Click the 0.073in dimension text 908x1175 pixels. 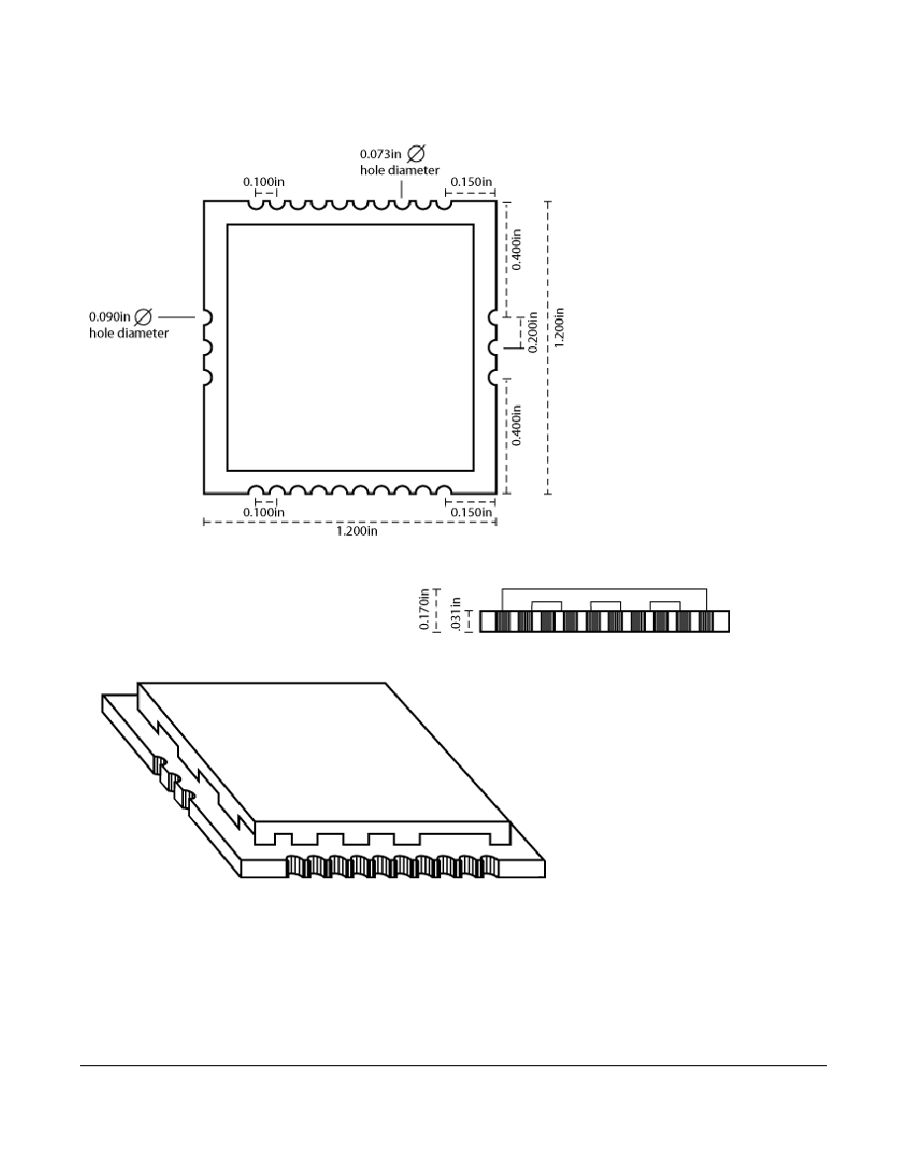(381, 154)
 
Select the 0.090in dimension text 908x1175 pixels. (110, 316)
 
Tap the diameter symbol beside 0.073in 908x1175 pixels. (416, 153)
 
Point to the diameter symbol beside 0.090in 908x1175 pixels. (142, 316)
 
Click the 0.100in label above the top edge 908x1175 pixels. (264, 182)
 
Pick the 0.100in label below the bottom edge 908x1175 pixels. (264, 512)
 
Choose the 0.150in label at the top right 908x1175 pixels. (471, 182)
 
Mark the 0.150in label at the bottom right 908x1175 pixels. (471, 512)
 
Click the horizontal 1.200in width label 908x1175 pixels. (357, 531)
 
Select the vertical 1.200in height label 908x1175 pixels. (560, 326)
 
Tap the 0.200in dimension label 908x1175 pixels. (533, 332)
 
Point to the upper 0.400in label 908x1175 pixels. (517, 249)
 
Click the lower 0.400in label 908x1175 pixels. (517, 425)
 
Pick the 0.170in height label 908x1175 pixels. (424, 609)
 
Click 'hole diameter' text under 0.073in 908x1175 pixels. (400, 170)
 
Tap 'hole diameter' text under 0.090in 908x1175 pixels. (129, 333)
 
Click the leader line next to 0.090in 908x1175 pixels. (177, 316)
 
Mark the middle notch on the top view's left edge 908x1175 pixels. (208, 347)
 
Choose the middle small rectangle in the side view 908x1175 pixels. (605, 606)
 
